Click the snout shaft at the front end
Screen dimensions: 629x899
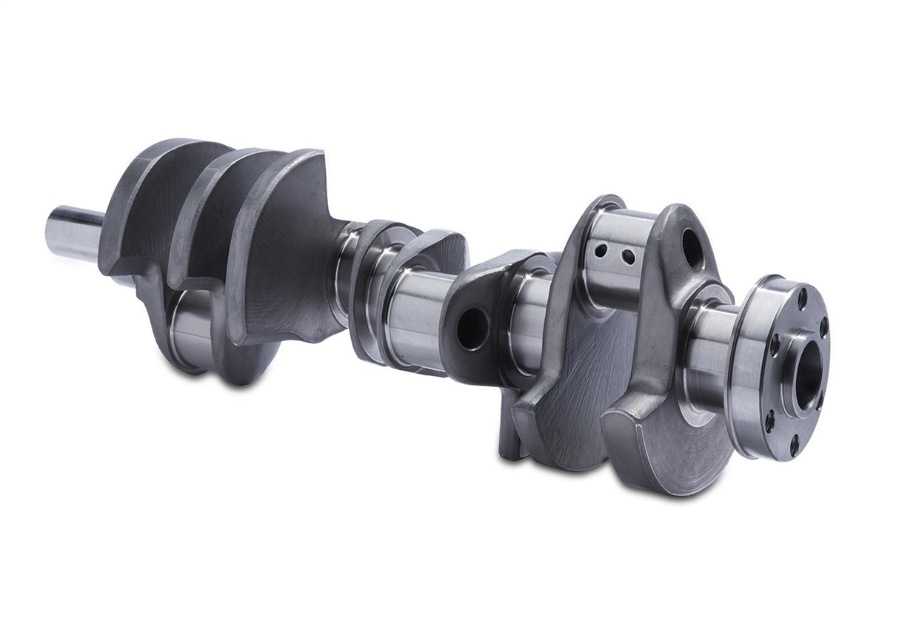[x=74, y=233]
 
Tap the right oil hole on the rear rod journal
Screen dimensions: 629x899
[x=628, y=257]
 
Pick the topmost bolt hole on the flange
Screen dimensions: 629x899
[x=803, y=297]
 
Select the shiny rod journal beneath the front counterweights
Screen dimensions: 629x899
[x=189, y=326]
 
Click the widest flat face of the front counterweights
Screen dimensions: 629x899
[x=289, y=252]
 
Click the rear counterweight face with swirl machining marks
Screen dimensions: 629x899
[x=585, y=385]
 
